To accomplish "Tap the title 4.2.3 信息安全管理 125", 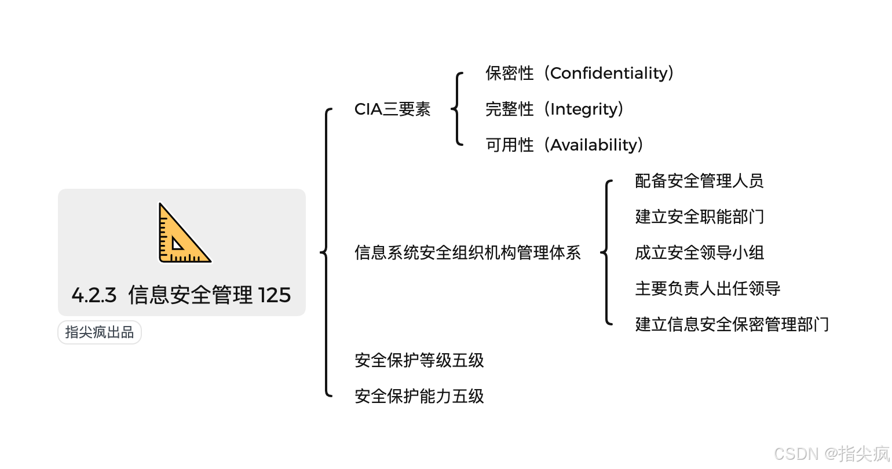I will (x=181, y=295).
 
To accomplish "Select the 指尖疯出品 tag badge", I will (x=100, y=332).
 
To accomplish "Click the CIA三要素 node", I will (x=392, y=109).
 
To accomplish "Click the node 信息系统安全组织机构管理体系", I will (x=467, y=253).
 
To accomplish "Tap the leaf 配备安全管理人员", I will (x=699, y=181).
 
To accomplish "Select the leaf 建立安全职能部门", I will (x=699, y=217).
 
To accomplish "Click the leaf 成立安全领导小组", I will (x=699, y=253).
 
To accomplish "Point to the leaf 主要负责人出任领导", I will (x=707, y=289).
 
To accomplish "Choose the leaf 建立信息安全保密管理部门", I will (x=732, y=325).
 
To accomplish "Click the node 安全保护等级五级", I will (x=419, y=361).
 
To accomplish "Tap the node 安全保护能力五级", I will (x=419, y=397).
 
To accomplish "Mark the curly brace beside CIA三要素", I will (x=458, y=109).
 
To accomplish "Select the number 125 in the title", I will (x=274, y=295).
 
